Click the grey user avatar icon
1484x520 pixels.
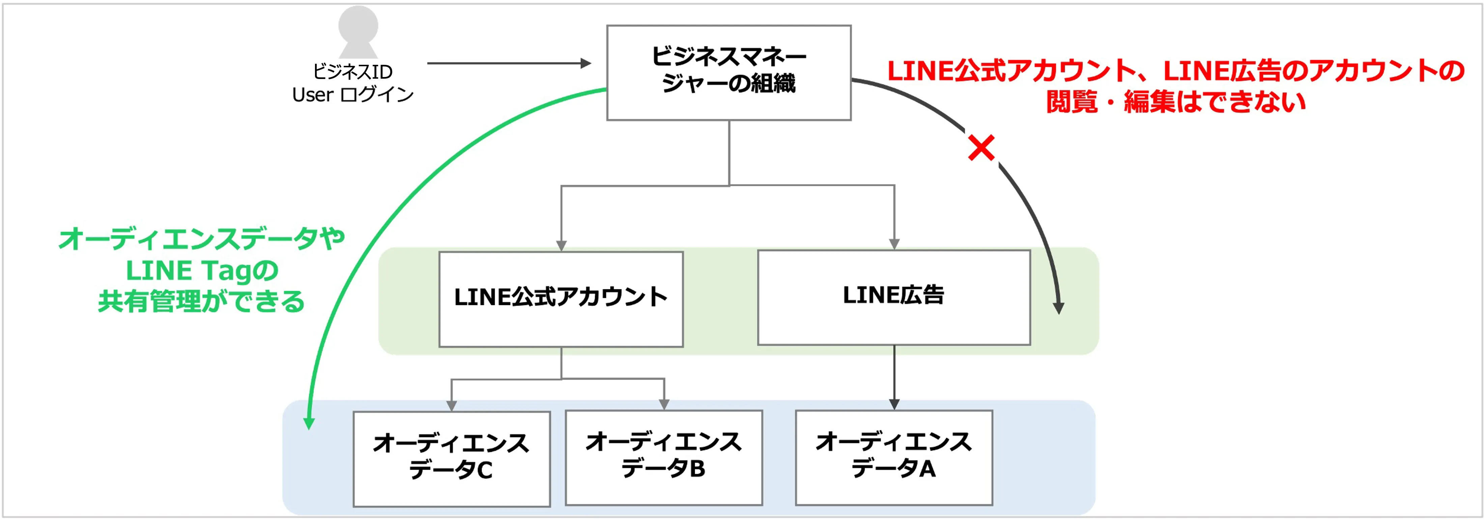358,32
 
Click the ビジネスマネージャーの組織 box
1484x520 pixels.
729,73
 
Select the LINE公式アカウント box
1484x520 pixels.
561,298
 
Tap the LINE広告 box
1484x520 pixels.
893,297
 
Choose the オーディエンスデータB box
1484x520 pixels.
664,457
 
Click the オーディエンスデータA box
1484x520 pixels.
893,457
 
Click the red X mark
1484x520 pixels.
981,148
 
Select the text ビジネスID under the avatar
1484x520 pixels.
352,72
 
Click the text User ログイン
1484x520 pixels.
352,95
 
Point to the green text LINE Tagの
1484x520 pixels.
202,270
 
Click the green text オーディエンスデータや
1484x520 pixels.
202,239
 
